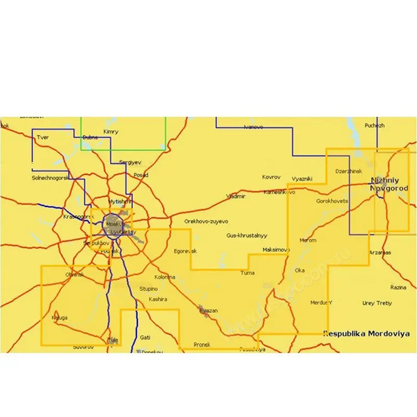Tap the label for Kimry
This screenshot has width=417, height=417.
click(111, 132)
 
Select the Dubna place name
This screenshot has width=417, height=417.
click(90, 137)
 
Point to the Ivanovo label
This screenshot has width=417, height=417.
click(253, 127)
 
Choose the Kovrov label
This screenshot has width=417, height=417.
click(271, 176)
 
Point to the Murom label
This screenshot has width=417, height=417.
click(308, 240)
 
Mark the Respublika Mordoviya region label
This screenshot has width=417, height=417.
click(365, 333)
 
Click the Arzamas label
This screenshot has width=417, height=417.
click(381, 252)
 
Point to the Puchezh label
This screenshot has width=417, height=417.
click(374, 125)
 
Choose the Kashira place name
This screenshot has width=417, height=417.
click(158, 299)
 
